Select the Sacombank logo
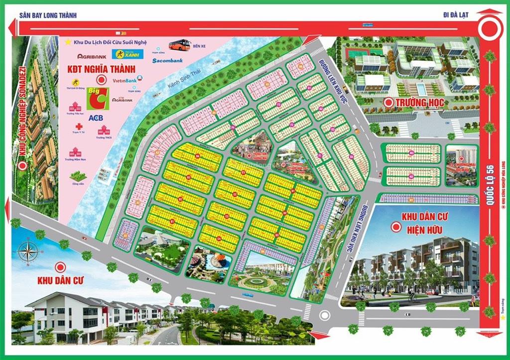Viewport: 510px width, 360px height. click(x=167, y=61)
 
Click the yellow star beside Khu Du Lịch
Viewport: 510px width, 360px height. click(x=68, y=42)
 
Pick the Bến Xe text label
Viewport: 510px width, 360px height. click(x=199, y=46)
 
